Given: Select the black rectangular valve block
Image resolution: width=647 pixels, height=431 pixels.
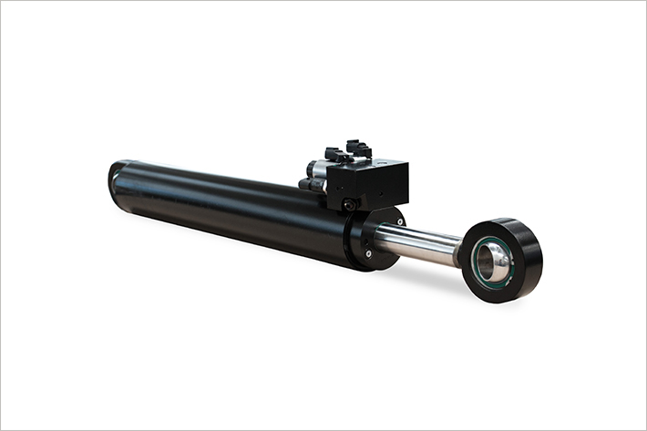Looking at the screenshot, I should click(374, 188).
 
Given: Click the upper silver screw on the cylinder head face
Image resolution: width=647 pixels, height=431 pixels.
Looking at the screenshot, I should click(399, 221).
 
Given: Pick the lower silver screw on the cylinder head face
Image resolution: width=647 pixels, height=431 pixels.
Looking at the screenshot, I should click(368, 254).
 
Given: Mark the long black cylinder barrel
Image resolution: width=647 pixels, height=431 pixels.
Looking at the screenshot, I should click(228, 210).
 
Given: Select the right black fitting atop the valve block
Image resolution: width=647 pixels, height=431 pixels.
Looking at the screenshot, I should click(360, 148).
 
